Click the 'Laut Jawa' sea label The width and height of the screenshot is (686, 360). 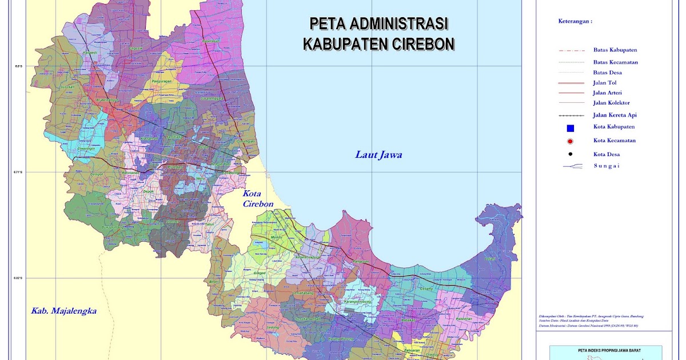(x=378, y=155)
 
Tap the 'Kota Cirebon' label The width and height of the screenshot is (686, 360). (x=258, y=198)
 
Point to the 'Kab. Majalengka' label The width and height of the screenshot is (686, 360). (x=63, y=311)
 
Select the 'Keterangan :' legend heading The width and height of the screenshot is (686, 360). (x=575, y=21)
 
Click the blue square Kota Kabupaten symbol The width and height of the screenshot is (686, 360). (x=570, y=127)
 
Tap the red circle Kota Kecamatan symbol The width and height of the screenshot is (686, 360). (x=570, y=141)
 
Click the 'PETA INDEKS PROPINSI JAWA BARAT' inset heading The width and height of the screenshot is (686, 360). (x=605, y=349)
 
